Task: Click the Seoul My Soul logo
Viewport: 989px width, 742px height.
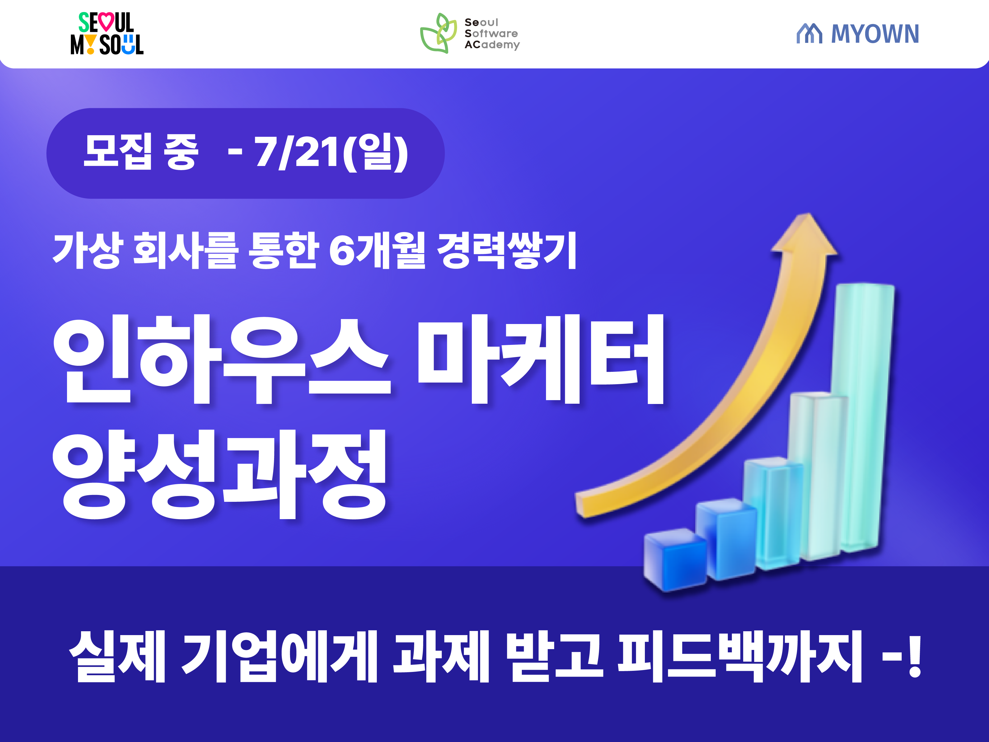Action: point(106,34)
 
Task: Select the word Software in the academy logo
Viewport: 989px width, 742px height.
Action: point(491,34)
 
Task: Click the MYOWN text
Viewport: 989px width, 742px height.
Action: point(874,34)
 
